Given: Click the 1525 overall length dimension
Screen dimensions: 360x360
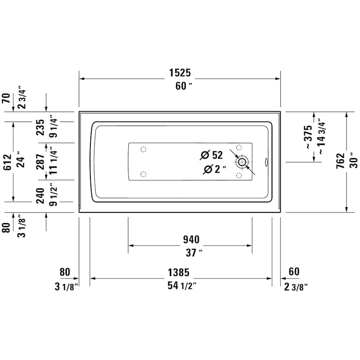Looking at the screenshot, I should [180, 73].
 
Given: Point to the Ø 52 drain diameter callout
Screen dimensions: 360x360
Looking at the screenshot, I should [212, 155].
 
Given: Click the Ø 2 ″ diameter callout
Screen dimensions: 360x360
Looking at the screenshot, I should [214, 170].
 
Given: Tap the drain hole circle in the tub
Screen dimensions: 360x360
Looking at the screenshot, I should [242, 162].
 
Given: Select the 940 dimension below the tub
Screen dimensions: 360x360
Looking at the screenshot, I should [191, 240].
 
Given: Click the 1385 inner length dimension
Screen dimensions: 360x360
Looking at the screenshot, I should [178, 272].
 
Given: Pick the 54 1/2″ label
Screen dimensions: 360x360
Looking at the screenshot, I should [181, 286].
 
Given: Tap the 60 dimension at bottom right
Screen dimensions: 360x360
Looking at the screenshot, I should [294, 272].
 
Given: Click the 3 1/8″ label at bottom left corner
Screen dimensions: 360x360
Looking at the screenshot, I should [65, 286].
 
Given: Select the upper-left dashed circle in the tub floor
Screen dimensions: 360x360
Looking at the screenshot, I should [143, 150].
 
